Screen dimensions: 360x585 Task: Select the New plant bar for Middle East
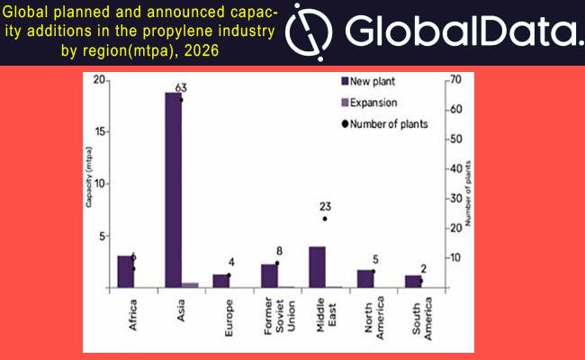click(317, 266)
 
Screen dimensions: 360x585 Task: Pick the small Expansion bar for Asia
click(190, 284)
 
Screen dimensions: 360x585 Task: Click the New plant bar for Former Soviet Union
click(268, 275)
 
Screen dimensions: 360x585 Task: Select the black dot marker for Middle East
click(325, 219)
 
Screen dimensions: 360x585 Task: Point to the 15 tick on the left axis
click(102, 131)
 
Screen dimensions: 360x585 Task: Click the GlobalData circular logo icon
click(309, 32)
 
